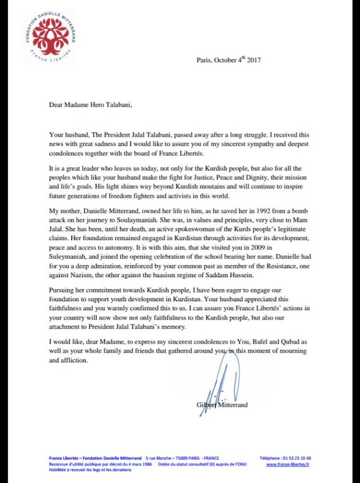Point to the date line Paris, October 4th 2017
[229, 60]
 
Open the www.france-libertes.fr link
[287, 464]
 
